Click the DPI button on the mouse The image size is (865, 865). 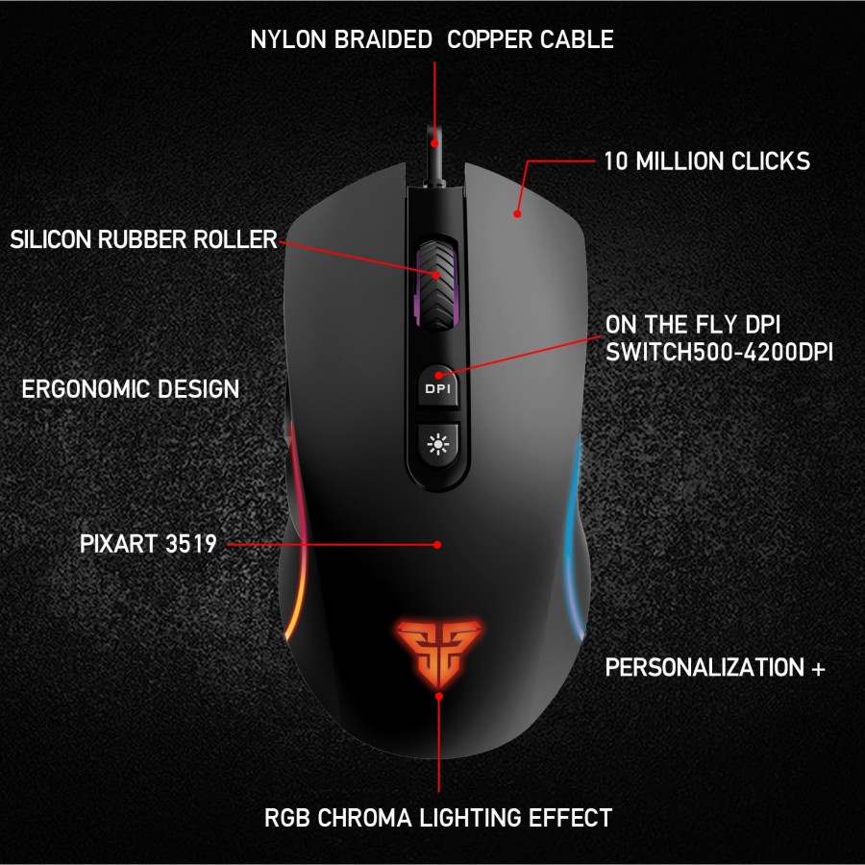pyautogui.click(x=437, y=388)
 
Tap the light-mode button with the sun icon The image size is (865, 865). pyautogui.click(x=437, y=443)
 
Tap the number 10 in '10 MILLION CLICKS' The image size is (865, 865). pyautogui.click(x=616, y=161)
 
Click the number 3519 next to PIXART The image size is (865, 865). pyautogui.click(x=190, y=544)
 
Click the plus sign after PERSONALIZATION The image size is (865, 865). pyautogui.click(x=818, y=667)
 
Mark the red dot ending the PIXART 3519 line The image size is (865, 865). pyautogui.click(x=437, y=544)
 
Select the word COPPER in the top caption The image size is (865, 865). pyautogui.click(x=486, y=39)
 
